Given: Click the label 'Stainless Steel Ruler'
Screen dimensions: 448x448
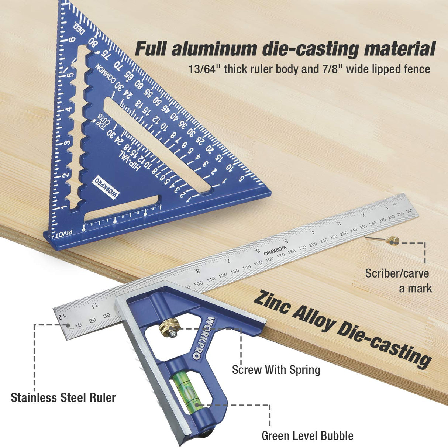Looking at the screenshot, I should (63, 397).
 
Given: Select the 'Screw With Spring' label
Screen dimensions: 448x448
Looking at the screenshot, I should (276, 369).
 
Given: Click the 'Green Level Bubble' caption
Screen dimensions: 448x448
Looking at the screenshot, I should (307, 435).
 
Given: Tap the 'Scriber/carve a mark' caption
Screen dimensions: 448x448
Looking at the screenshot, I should (397, 280).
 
